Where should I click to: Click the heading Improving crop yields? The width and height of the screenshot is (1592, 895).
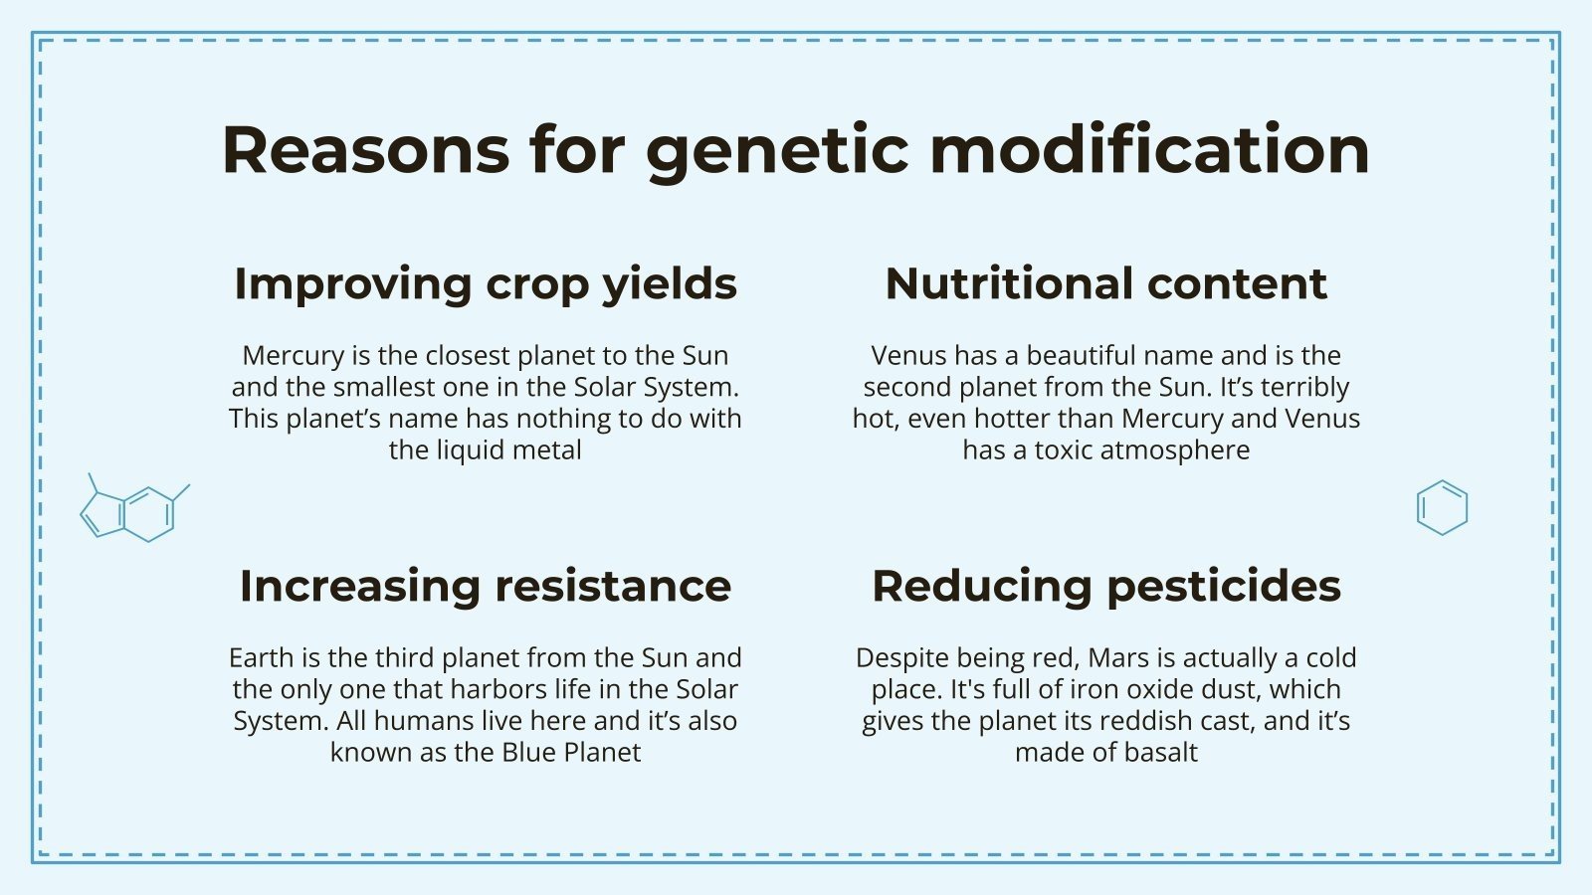pyautogui.click(x=486, y=284)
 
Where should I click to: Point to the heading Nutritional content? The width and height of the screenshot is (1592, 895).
pyautogui.click(x=1105, y=284)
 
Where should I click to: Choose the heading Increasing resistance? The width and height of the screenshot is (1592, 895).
pyautogui.click(x=486, y=586)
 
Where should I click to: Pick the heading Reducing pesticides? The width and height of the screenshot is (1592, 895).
pyautogui.click(x=1105, y=586)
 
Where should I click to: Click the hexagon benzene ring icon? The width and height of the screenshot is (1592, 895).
pyautogui.click(x=1442, y=508)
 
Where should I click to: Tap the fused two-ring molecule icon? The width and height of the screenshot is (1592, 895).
pyautogui.click(x=133, y=510)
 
